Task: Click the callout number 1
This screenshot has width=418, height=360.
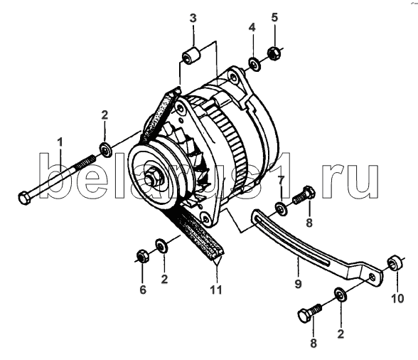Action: [60, 142]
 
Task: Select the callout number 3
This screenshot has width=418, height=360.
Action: [193, 18]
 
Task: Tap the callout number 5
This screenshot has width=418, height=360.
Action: [274, 17]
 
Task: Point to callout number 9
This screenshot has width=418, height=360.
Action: [298, 283]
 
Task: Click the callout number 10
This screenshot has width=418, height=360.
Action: [397, 298]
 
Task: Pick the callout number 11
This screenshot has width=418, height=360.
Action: [216, 290]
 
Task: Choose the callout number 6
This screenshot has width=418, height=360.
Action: [143, 290]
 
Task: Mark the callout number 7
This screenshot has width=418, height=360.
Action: [282, 181]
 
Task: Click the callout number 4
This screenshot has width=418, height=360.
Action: [252, 27]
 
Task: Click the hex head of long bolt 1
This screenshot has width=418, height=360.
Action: [23, 198]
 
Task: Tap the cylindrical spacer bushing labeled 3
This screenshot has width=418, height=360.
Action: [191, 55]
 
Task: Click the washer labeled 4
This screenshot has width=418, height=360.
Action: [254, 64]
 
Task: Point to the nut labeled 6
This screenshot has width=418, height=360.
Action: [142, 256]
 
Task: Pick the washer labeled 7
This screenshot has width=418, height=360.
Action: [281, 209]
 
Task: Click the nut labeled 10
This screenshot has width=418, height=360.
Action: [395, 263]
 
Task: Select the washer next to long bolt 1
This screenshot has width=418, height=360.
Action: [105, 150]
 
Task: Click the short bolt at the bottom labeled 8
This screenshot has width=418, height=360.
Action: [309, 313]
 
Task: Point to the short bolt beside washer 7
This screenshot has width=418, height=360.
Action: [304, 195]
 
